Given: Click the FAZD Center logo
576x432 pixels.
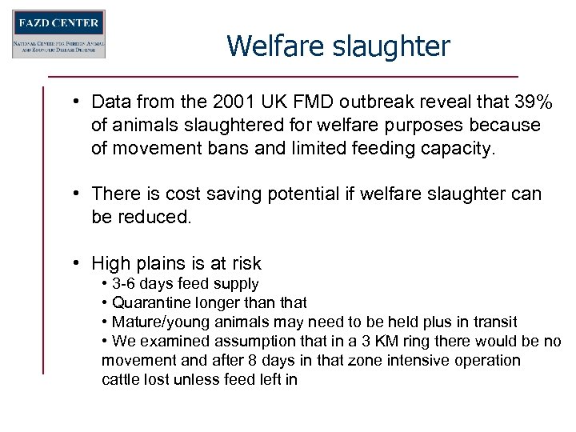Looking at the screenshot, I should pos(58,34).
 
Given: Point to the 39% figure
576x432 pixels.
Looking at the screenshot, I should pos(533,102).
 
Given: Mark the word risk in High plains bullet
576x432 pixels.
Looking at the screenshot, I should pos(243,263).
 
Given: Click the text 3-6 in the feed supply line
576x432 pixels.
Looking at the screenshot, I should pos(124,284).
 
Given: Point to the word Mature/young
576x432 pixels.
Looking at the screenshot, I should pos(158,322).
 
